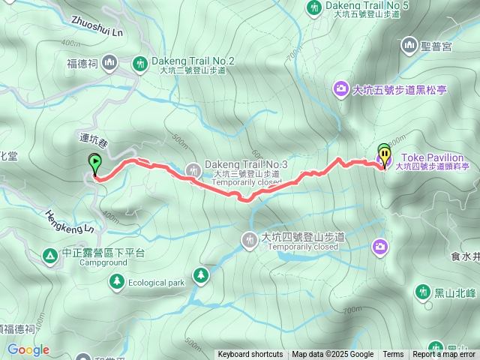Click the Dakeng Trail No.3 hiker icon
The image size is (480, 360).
193,169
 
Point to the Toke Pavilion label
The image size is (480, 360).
436,158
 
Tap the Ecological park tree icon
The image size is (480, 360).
116,281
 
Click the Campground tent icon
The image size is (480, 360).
50,256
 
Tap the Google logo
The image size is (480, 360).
28,349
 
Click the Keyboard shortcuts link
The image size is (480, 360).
250,355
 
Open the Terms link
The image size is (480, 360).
393,355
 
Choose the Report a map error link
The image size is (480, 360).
444,355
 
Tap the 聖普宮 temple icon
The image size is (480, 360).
409,46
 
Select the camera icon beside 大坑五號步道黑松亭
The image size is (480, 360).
341,90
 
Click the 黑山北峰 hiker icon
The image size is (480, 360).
424,291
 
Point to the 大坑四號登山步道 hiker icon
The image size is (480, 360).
248,239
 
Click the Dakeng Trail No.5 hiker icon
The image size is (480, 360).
314,7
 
